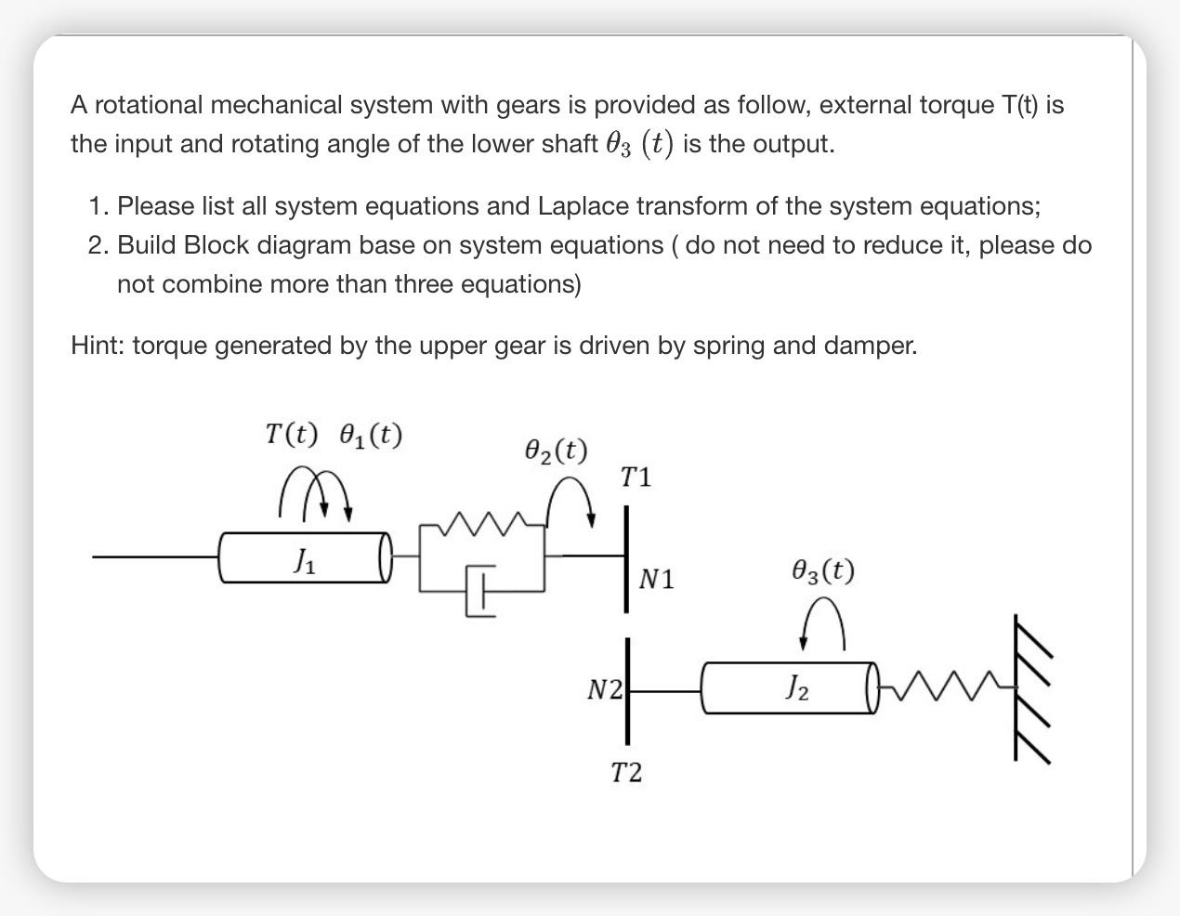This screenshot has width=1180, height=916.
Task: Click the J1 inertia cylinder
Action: point(303,557)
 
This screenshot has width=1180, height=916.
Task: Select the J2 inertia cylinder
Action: point(789,687)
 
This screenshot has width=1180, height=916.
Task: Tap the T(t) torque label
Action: point(291,434)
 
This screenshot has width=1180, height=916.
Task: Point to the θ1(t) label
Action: point(371,434)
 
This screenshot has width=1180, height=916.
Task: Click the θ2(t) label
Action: point(556,451)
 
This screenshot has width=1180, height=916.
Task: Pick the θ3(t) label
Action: point(823,569)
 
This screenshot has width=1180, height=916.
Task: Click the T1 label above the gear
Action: point(636,478)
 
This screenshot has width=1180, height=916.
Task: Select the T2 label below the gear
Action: point(626,772)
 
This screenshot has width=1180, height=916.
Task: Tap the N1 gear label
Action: point(657,580)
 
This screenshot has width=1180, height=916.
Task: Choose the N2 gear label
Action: point(604,689)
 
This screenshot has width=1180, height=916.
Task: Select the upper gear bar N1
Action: point(627,557)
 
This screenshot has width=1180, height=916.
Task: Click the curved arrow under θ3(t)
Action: point(823,623)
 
